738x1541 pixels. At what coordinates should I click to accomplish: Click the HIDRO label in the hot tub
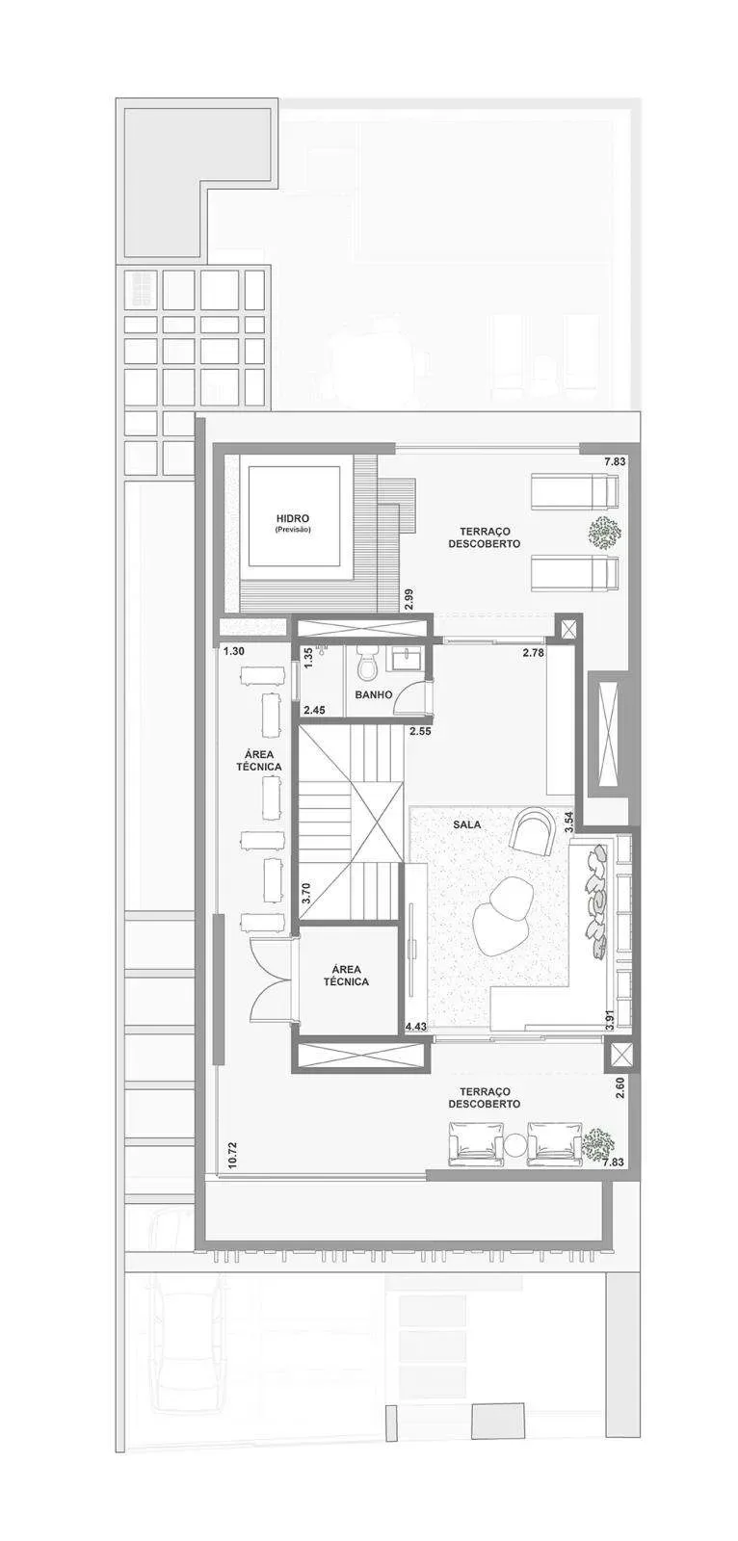[293, 518]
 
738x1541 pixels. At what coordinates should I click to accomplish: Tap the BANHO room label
[373, 694]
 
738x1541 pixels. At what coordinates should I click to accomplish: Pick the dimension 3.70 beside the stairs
[307, 892]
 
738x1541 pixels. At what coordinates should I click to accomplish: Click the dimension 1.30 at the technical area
[234, 650]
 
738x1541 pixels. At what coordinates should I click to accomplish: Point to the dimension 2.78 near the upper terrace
[534, 652]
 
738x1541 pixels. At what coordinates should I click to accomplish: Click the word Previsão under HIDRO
[293, 530]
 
